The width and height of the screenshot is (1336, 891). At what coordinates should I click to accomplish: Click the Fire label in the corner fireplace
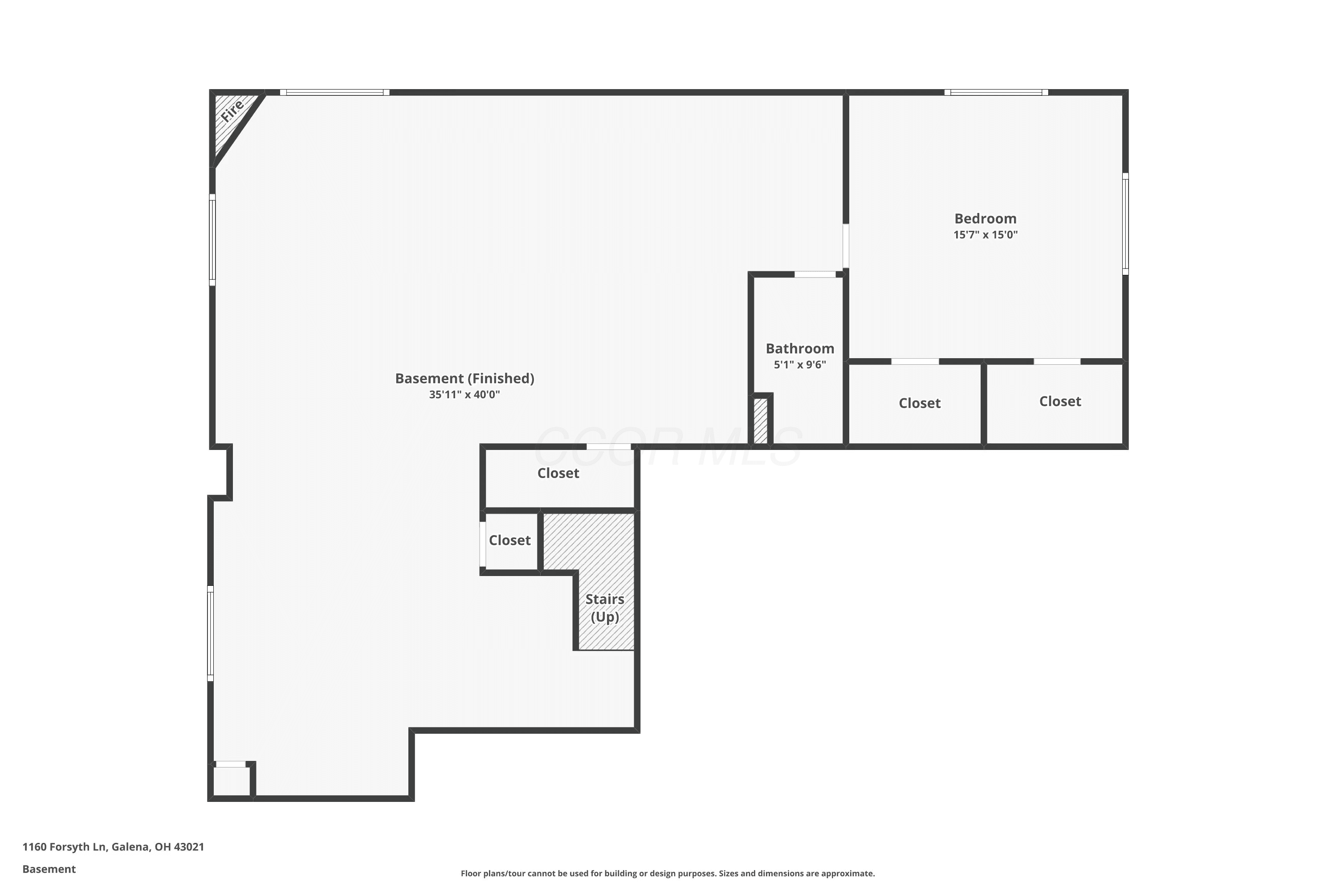click(x=232, y=110)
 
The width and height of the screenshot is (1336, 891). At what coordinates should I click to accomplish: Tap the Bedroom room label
click(x=986, y=219)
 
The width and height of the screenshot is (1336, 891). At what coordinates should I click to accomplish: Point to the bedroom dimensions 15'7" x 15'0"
click(x=986, y=235)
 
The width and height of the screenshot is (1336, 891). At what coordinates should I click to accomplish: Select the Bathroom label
click(x=800, y=348)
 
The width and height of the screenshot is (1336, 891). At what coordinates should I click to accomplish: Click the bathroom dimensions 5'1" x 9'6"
click(x=800, y=365)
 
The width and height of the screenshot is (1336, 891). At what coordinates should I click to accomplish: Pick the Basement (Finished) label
click(x=464, y=378)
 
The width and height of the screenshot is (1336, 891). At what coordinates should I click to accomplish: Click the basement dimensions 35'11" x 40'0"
click(x=464, y=394)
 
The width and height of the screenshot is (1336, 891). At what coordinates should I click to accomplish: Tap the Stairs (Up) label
click(x=605, y=608)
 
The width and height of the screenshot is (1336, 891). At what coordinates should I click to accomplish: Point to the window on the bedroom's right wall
click(x=1125, y=224)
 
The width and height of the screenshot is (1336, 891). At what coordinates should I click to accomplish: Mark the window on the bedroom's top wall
click(x=996, y=92)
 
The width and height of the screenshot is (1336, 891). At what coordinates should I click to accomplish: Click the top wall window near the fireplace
click(x=334, y=92)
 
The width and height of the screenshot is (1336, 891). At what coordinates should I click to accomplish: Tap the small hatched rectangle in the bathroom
click(x=761, y=421)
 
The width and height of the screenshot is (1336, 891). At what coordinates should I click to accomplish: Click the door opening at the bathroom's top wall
click(x=815, y=274)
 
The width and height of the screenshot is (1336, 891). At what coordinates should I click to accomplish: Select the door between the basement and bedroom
click(x=846, y=245)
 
